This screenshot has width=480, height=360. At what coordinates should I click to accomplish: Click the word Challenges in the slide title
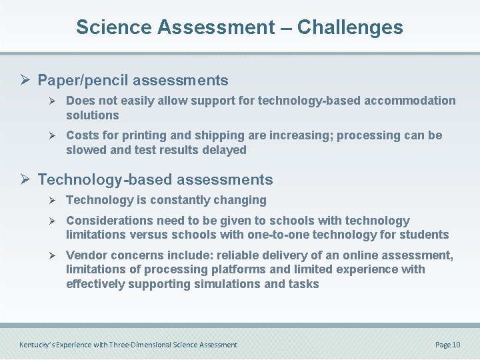[x=350, y=27]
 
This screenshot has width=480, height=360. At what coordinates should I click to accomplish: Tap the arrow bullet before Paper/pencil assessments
[x=27, y=81]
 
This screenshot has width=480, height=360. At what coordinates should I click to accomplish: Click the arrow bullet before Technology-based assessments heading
[x=27, y=180]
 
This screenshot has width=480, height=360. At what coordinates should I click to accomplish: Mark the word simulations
[x=223, y=284]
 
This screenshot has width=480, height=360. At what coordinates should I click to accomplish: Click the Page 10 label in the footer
[x=447, y=345]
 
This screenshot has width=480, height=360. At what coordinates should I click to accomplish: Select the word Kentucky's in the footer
[x=37, y=345]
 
